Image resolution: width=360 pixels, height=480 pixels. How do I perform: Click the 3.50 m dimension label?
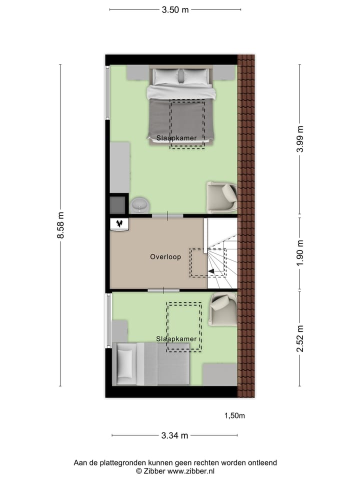[175, 9]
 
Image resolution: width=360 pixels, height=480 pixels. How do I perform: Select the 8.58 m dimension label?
[61, 225]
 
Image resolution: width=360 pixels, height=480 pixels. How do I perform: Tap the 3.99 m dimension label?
[300, 141]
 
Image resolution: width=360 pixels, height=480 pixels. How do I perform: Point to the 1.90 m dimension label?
[300, 253]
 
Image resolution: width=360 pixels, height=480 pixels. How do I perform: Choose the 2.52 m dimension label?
[300, 338]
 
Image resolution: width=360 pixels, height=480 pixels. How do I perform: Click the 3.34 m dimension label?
[175, 435]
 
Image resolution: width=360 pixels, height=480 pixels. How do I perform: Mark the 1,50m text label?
[234, 415]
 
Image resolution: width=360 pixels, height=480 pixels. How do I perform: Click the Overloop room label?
[165, 257]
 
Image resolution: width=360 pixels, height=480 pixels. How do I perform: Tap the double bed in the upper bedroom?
[181, 107]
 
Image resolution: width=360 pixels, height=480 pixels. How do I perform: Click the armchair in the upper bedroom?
[222, 197]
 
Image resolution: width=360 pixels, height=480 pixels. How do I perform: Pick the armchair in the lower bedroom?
[223, 308]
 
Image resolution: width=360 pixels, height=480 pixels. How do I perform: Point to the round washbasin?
[139, 204]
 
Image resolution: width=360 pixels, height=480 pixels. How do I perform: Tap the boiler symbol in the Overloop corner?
[119, 224]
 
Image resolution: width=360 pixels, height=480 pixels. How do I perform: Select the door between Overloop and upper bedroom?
[166, 215]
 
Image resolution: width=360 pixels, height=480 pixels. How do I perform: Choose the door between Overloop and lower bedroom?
[163, 290]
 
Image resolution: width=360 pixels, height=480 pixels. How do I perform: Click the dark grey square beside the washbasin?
[118, 204]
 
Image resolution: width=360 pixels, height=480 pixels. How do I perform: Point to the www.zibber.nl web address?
[191, 471]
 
